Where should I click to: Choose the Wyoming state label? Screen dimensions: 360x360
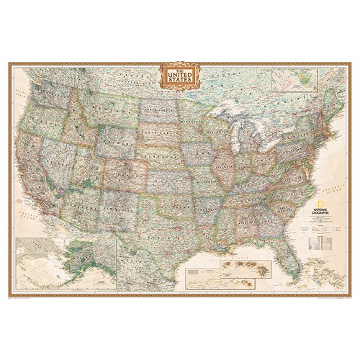click(115, 140)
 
